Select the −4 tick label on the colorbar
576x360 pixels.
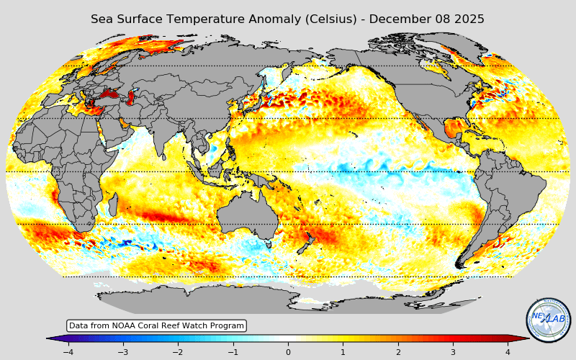click(68, 352)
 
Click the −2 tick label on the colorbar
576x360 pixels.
click(178, 352)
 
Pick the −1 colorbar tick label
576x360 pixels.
click(233, 352)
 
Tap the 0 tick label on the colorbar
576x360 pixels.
click(288, 352)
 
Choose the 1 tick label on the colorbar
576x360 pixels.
click(343, 352)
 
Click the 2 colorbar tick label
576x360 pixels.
click(398, 352)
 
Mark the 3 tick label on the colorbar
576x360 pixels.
click(453, 352)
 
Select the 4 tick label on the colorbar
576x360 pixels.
click(508, 352)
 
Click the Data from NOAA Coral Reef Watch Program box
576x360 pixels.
click(156, 326)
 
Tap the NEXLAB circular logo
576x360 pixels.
click(548, 320)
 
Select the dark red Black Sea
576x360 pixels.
click(110, 93)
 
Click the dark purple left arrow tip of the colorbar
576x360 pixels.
click(50, 338)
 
